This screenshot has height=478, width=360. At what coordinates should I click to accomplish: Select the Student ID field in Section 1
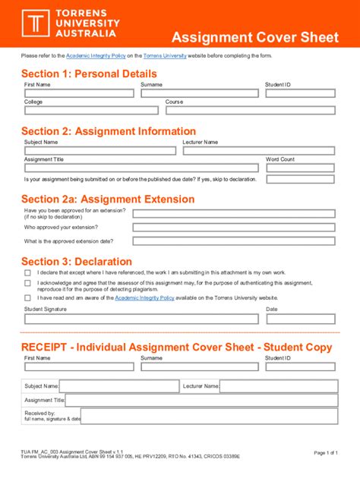(299, 93)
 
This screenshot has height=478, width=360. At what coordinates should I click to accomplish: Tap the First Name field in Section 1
(78, 93)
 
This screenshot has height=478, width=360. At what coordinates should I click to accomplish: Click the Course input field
(250, 110)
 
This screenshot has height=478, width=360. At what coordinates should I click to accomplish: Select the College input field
(91, 110)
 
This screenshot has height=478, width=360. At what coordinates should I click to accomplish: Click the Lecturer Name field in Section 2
(258, 150)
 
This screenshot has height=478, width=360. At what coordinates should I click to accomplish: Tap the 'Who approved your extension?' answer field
(233, 227)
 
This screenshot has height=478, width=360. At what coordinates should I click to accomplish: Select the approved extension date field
(233, 241)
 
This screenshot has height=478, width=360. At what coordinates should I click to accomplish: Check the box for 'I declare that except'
(28, 272)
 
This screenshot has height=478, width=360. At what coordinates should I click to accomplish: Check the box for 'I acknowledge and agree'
(28, 284)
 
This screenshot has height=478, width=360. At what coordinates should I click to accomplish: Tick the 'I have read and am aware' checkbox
(28, 298)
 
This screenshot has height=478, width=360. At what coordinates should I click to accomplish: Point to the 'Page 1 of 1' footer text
(325, 453)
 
